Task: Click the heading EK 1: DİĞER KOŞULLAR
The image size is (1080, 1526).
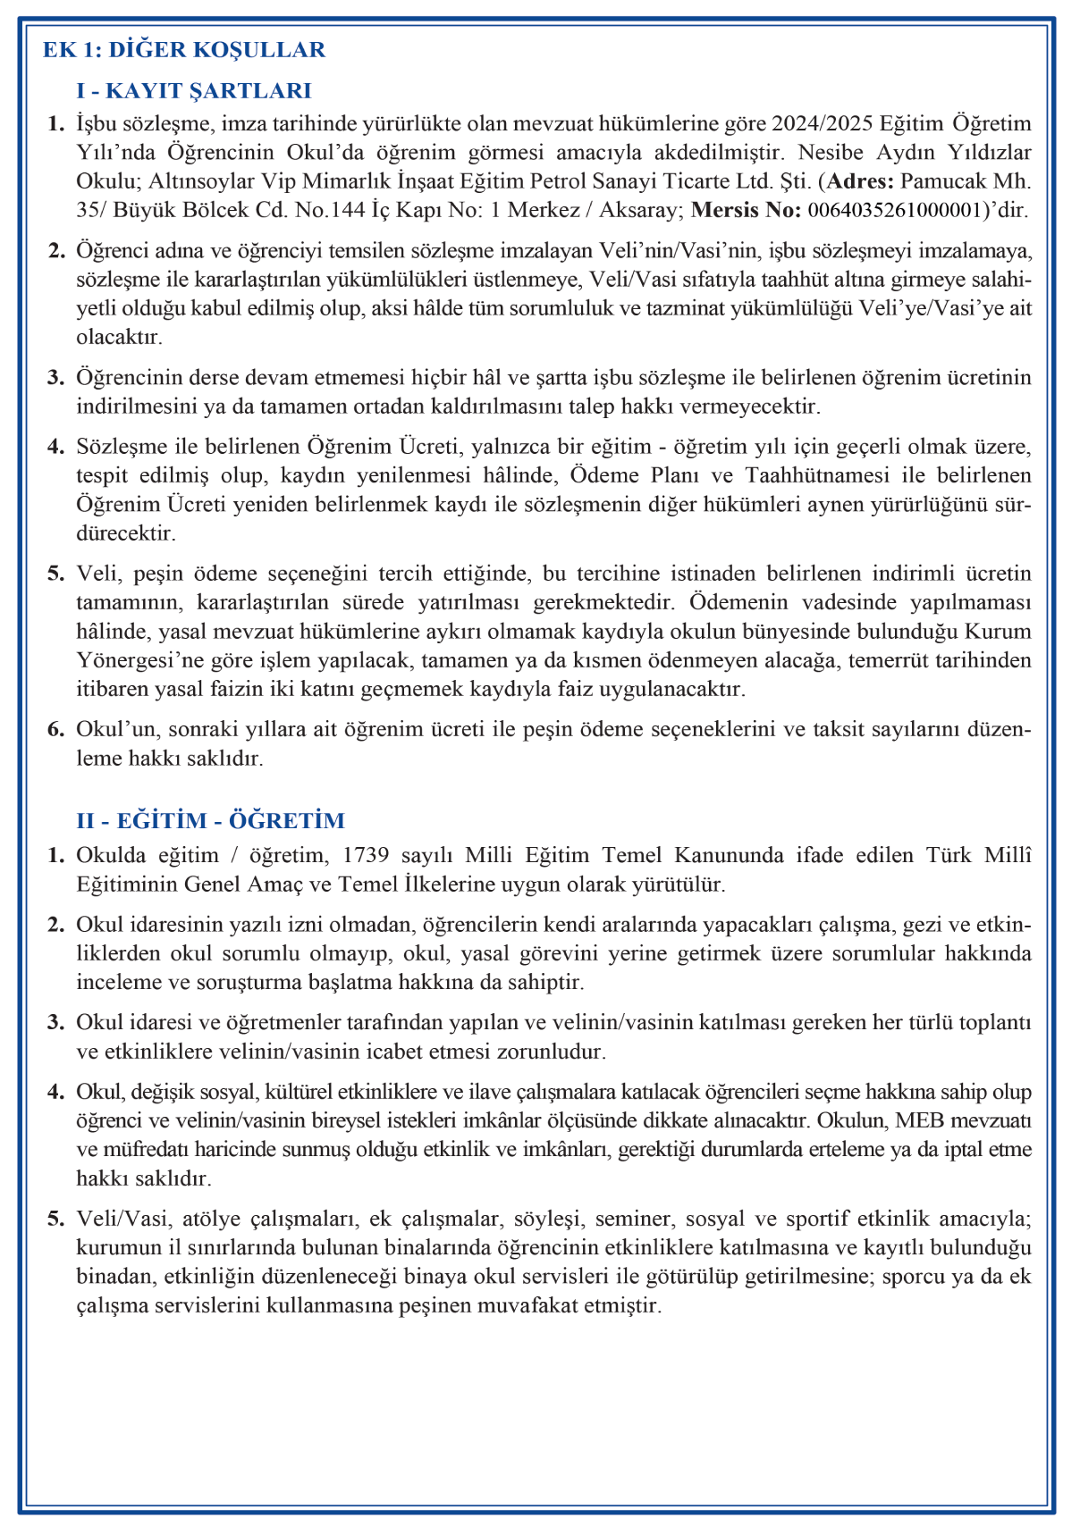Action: tap(184, 50)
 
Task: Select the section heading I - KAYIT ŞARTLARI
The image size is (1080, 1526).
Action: tap(194, 91)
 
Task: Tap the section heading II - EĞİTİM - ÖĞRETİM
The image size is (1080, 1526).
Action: tap(211, 821)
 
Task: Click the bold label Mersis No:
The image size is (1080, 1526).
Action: tap(747, 211)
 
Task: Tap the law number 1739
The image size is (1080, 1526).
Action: tap(366, 856)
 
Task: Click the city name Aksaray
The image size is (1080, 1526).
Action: tap(641, 211)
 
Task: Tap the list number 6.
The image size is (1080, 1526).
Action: tap(56, 730)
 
